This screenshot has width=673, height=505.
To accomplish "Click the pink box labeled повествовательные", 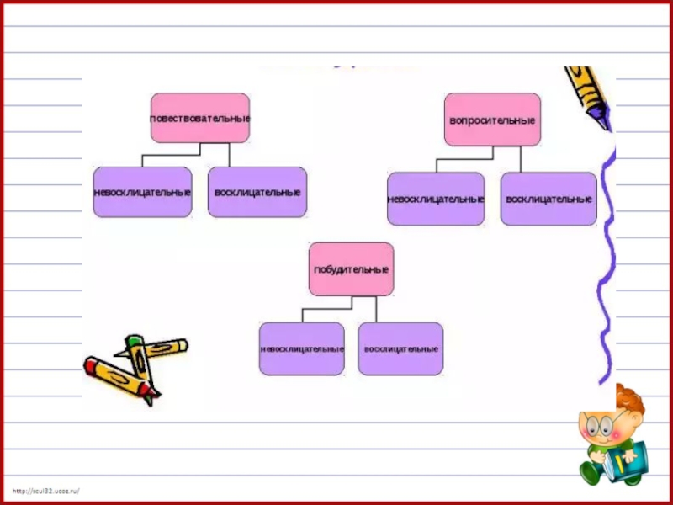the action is click(x=199, y=118).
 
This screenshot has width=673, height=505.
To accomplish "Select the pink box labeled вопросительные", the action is click(x=492, y=120).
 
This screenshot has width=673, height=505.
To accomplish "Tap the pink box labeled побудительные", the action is click(x=351, y=269).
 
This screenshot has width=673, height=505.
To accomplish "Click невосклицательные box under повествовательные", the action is click(x=142, y=192).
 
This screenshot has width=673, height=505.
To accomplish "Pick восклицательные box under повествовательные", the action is click(x=257, y=192).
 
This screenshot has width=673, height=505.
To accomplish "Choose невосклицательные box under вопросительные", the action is click(x=435, y=199).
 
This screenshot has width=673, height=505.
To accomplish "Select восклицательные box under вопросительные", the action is click(x=548, y=199).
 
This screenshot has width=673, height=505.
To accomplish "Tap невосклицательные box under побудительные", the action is click(x=301, y=348).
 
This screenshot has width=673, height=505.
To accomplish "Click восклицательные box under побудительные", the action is click(x=400, y=348).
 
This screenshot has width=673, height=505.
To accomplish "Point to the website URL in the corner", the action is click(x=45, y=490).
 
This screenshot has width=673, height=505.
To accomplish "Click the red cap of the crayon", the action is click(x=93, y=365).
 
